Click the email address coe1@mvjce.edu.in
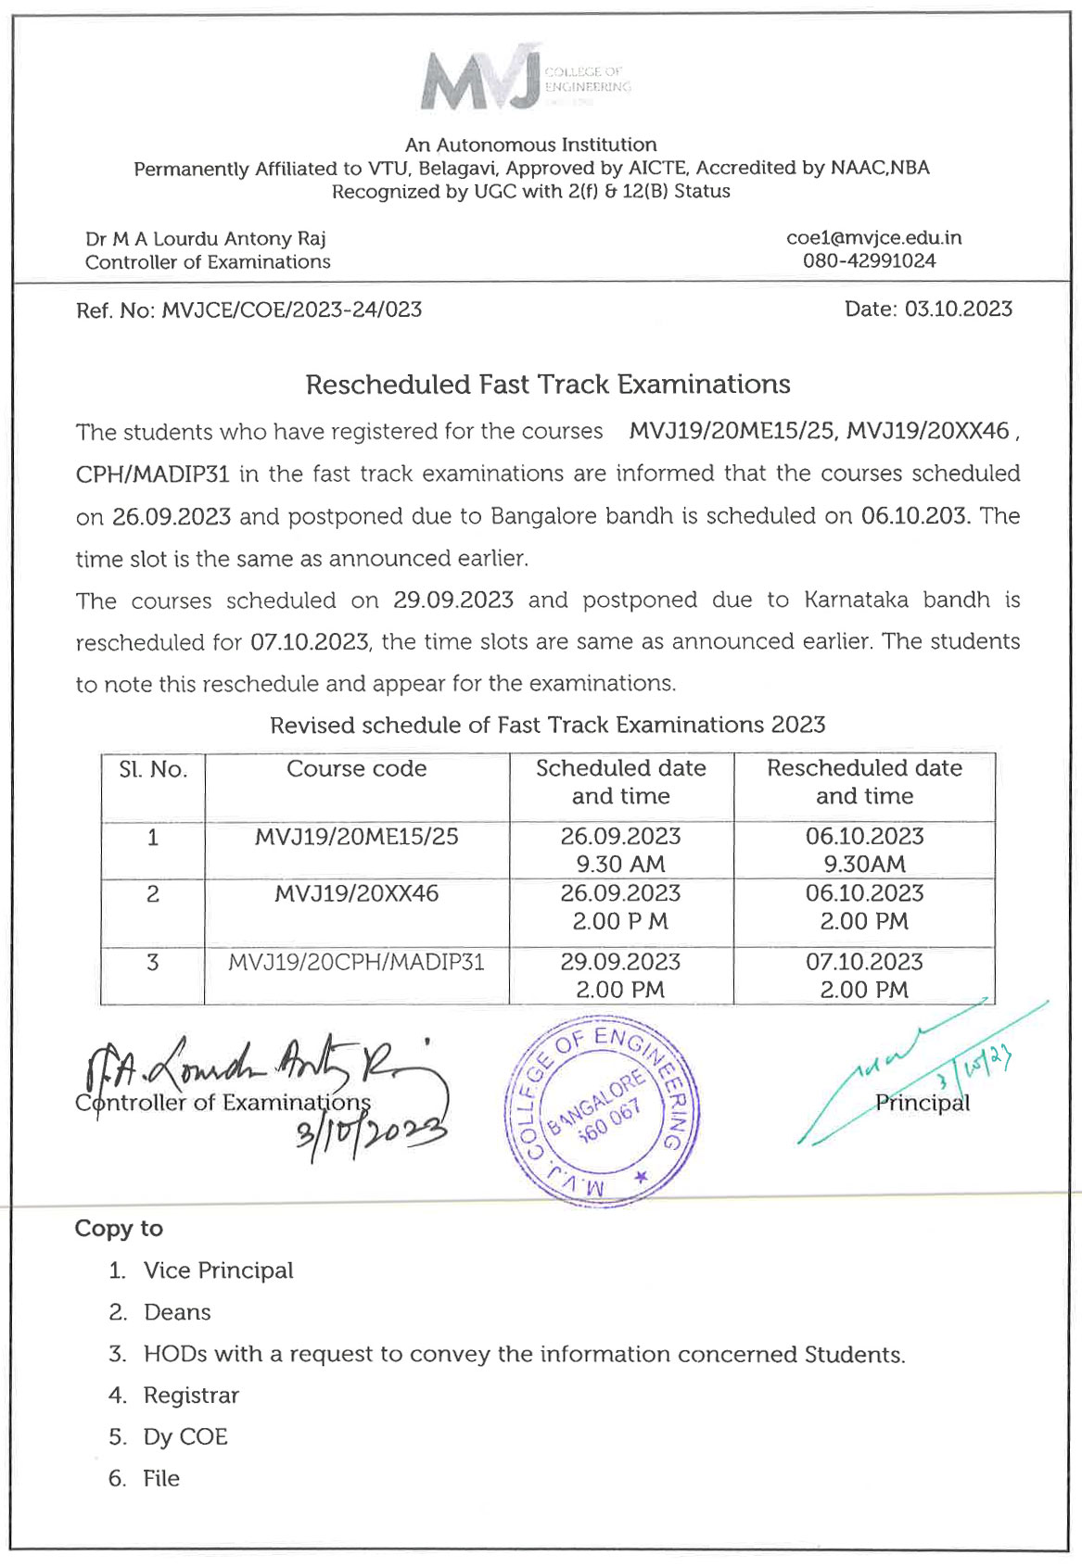click(x=873, y=238)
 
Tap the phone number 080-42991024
click(x=869, y=261)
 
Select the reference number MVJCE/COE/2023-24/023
click(x=291, y=310)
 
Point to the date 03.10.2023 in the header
click(x=958, y=310)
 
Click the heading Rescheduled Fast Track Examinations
click(x=548, y=385)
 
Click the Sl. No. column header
click(x=153, y=770)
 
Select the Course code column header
click(x=356, y=769)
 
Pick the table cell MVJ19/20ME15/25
click(x=356, y=837)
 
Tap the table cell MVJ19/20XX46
click(x=356, y=894)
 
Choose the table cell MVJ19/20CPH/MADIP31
click(x=356, y=963)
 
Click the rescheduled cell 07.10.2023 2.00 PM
click(x=864, y=976)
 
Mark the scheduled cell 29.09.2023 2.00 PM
click(x=620, y=976)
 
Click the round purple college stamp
click(x=602, y=1108)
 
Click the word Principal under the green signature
click(x=923, y=1104)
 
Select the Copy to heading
click(x=119, y=1229)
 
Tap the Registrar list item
click(x=191, y=1396)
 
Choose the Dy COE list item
click(x=185, y=1437)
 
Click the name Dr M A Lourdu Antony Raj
click(x=206, y=239)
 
